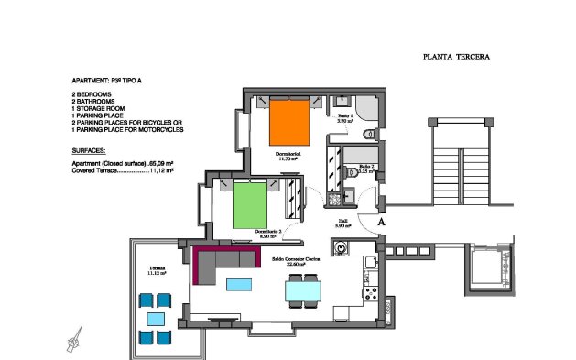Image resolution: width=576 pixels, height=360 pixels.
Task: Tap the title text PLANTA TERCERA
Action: click(456, 57)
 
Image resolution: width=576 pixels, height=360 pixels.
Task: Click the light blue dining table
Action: click(303, 290)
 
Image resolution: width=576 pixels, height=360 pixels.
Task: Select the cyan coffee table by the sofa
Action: click(239, 284)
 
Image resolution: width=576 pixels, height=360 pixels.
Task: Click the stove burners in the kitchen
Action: click(371, 294)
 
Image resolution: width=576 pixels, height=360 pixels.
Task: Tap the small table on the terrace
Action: click(155, 318)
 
